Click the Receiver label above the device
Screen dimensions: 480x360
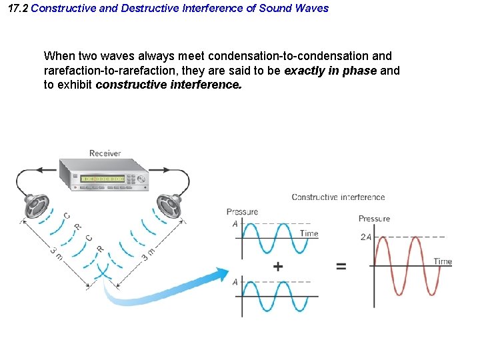(105, 153)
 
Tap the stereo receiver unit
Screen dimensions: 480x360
(105, 175)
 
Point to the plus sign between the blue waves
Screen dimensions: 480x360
(278, 266)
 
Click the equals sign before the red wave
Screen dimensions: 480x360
(341, 266)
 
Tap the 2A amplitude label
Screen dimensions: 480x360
(366, 237)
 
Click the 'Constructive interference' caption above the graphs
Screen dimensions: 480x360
(338, 197)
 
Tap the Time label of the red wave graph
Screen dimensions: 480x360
(443, 261)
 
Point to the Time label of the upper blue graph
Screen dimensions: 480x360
(309, 233)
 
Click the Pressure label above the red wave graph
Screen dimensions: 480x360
(374, 219)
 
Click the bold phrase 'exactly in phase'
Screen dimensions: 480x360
(331, 71)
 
